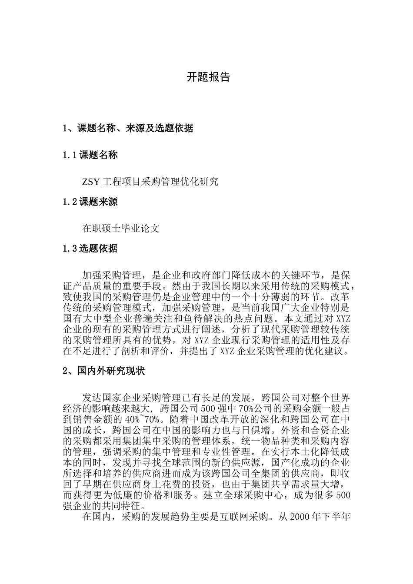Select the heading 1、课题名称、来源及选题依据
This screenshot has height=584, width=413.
coord(128,128)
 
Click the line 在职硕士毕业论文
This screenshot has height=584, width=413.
coord(121,229)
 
